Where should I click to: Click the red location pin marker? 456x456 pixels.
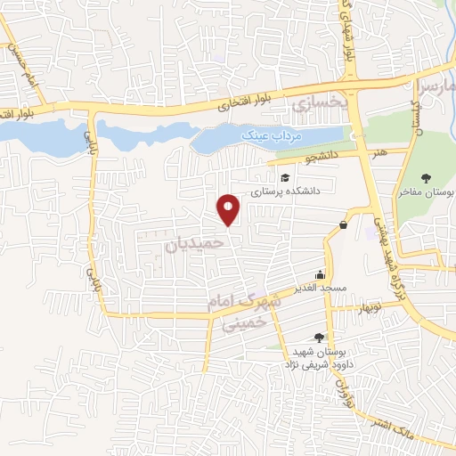pyautogui.click(x=229, y=208)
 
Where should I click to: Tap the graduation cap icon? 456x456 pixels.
pyautogui.click(x=283, y=176)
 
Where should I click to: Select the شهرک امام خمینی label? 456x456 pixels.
pyautogui.click(x=243, y=313)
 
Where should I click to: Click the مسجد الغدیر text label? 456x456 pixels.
pyautogui.click(x=319, y=288)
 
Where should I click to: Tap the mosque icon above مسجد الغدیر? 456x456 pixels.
pyautogui.click(x=319, y=274)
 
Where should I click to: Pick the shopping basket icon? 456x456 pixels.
pyautogui.click(x=343, y=225)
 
